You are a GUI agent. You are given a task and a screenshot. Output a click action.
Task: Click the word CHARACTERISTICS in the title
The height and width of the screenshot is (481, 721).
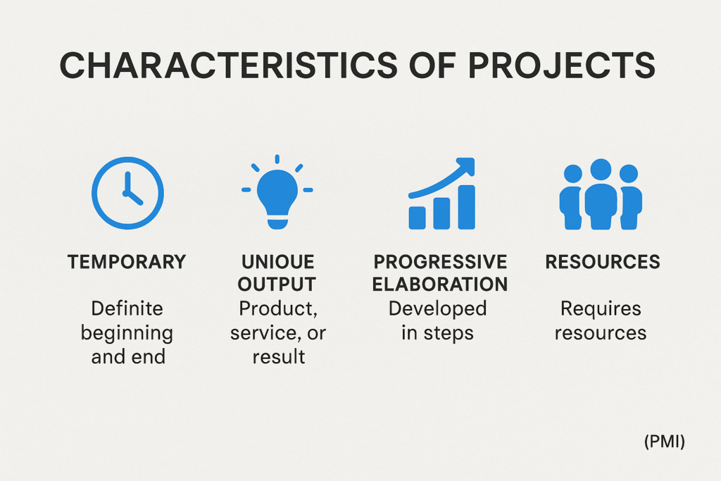[229, 65]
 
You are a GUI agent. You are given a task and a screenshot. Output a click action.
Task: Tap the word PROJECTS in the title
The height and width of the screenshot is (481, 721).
[561, 65]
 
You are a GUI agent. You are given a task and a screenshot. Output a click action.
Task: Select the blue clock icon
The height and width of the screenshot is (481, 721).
[128, 193]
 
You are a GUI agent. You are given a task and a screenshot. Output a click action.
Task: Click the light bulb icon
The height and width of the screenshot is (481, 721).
[277, 192]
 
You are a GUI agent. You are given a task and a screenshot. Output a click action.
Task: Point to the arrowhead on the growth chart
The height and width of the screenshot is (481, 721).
[465, 166]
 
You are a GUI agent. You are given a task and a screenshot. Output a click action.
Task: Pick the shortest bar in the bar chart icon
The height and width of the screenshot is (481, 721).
[417, 218]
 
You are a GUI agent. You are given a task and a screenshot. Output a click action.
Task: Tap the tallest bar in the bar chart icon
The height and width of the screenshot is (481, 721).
[466, 207]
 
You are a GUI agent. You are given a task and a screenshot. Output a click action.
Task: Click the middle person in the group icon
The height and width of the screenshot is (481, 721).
[601, 194]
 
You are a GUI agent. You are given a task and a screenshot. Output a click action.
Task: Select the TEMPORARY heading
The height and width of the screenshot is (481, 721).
[127, 262]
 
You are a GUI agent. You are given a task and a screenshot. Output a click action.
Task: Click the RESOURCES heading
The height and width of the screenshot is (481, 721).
[603, 262]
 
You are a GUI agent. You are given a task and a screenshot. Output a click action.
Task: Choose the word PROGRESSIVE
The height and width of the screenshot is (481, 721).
[440, 262]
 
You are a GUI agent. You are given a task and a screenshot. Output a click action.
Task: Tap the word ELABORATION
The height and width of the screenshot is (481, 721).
[440, 285]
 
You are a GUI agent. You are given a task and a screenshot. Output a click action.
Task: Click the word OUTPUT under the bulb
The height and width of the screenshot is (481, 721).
[277, 285]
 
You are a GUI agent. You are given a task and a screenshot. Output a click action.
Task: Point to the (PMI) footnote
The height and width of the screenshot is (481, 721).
[665, 442]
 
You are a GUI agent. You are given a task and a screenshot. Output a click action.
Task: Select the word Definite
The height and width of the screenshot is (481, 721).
[127, 308]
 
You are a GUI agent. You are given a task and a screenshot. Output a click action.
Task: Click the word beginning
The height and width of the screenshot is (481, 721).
[127, 333]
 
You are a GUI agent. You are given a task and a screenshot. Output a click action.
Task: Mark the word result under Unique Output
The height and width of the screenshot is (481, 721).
[279, 357]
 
